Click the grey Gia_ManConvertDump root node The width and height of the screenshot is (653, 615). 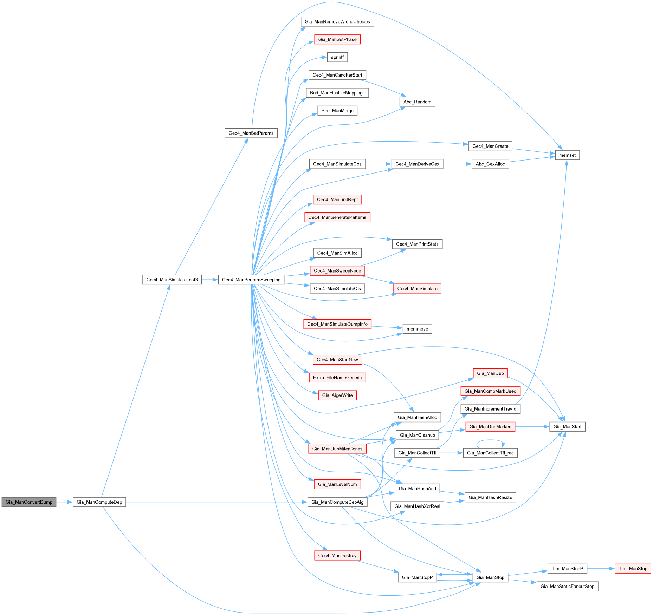tap(29, 502)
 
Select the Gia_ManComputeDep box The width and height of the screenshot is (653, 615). tap(99, 502)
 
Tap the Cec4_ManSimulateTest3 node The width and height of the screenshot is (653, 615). tap(172, 280)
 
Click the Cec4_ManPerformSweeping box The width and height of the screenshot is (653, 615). tap(251, 280)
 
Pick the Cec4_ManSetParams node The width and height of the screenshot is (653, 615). tap(251, 133)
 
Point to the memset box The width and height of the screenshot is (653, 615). tap(567, 155)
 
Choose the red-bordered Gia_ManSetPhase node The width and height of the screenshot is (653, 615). tap(337, 39)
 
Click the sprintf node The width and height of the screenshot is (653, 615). tap(337, 57)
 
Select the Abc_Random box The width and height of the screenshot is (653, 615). tap(417, 102)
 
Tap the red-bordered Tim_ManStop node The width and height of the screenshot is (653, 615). tap(633, 569)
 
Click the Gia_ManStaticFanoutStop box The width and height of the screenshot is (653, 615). tap(567, 586)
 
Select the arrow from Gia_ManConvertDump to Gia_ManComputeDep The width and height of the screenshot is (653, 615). tap(64, 502)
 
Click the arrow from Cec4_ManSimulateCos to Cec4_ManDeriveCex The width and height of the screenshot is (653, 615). tap(379, 164)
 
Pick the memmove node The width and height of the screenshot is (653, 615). tap(417, 329)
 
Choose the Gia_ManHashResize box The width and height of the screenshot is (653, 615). tap(490, 497)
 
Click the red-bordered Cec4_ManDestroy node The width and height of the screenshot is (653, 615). tap(337, 555)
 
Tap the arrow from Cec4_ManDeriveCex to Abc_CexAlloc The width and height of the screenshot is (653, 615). tap(457, 164)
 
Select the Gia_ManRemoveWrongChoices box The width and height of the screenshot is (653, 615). tap(337, 21)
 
